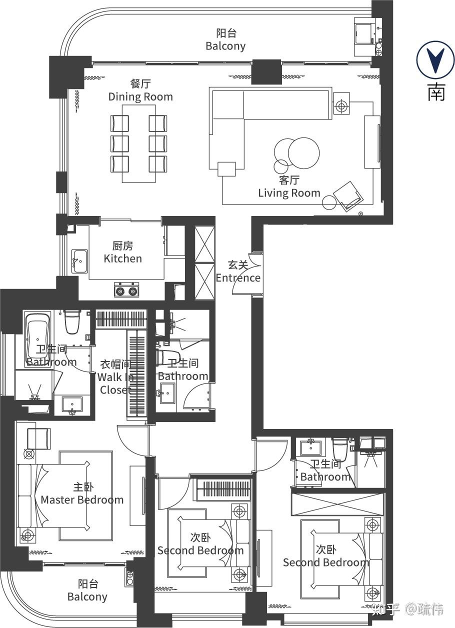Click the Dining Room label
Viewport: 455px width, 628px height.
[x=140, y=96]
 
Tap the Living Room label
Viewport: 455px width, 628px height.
[x=289, y=193]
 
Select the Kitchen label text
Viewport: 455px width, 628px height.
[x=123, y=258]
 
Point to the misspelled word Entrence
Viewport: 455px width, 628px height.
[x=238, y=278]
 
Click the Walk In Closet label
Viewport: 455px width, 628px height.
[x=115, y=377]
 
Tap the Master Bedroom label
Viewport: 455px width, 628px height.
[x=82, y=500]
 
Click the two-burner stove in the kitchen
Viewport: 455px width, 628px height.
[x=126, y=290]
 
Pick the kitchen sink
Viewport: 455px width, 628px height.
[x=79, y=261]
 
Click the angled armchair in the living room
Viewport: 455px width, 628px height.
[x=348, y=196]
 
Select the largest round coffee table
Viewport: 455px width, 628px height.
[x=303, y=153]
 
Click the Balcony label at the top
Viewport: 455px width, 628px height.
[x=225, y=45]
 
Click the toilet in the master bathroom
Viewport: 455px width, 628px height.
[x=71, y=321]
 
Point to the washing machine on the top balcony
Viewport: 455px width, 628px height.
[x=364, y=33]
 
